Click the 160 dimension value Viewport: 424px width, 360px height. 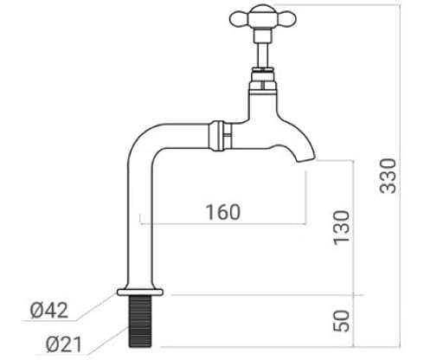pyautogui.click(x=222, y=212)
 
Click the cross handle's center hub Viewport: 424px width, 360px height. pyautogui.click(x=262, y=19)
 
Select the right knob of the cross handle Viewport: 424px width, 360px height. pyautogui.click(x=289, y=17)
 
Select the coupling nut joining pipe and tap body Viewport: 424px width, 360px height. pyautogui.click(x=220, y=135)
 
